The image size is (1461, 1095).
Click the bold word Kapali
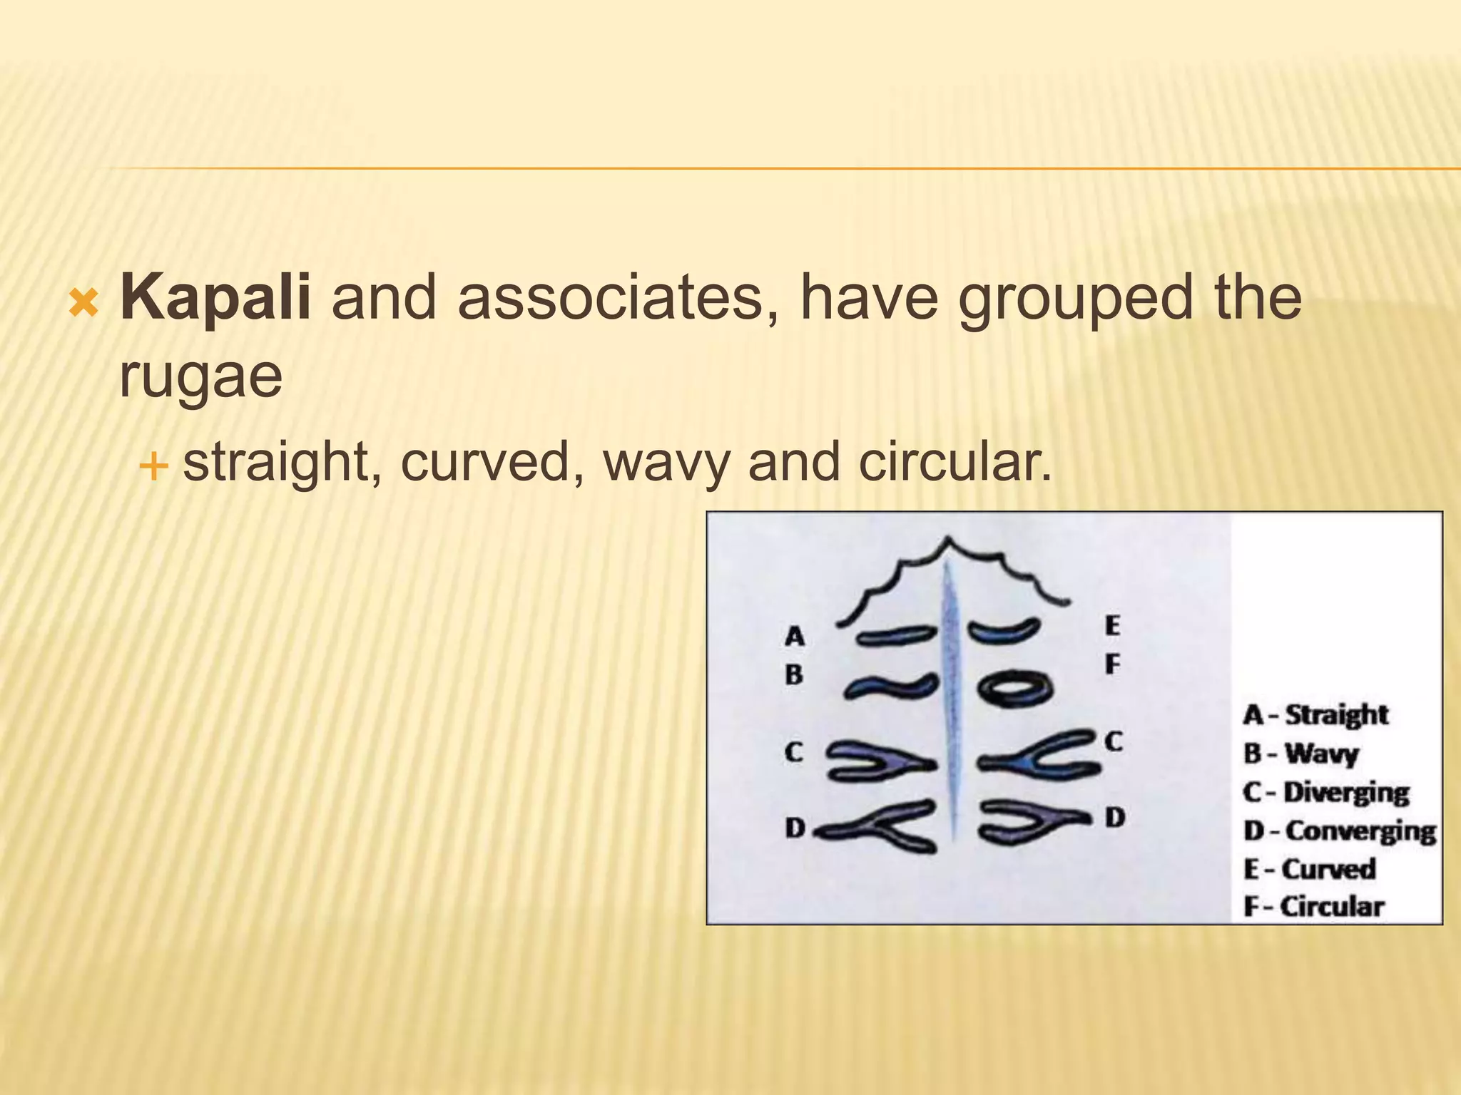click(215, 297)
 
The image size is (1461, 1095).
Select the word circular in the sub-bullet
click(955, 462)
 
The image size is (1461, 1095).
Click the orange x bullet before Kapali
click(84, 304)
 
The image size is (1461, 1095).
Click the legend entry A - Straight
click(1315, 714)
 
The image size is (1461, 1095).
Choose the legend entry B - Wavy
click(1300, 754)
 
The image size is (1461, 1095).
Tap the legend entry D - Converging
click(1339, 831)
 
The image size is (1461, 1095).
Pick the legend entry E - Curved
click(1309, 869)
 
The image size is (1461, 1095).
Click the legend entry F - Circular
click(1313, 907)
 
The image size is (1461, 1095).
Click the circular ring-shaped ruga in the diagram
click(1014, 689)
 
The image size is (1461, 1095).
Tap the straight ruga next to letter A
click(896, 636)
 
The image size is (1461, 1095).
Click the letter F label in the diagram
click(1112, 664)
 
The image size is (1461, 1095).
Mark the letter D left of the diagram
click(795, 828)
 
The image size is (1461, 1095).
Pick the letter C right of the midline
click(1114, 742)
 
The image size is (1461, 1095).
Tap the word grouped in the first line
click(1074, 297)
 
